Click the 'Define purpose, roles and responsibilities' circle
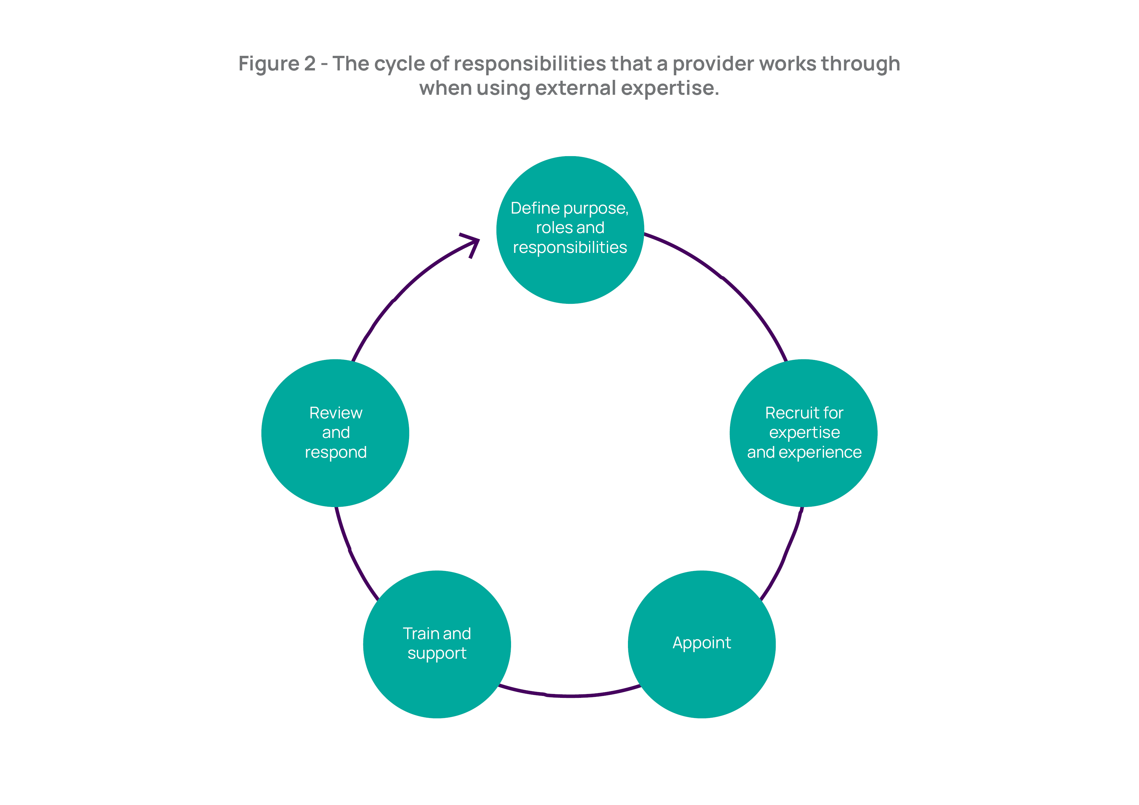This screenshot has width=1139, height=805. (x=570, y=229)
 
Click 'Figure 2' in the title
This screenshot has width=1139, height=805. (x=277, y=64)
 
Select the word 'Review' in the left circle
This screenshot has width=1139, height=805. (x=336, y=413)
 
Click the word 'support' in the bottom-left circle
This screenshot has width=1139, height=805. (x=437, y=654)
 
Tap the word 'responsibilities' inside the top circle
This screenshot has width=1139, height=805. (x=570, y=247)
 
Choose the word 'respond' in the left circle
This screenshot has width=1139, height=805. (x=336, y=452)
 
